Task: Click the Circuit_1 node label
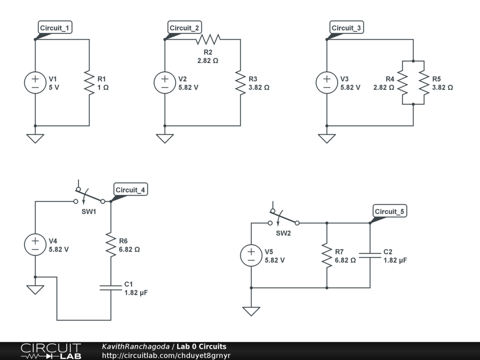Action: tap(55, 28)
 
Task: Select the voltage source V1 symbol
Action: tap(35, 83)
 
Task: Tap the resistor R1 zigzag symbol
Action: tap(89, 83)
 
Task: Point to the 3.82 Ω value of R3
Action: tap(259, 87)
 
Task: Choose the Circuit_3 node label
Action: tap(346, 28)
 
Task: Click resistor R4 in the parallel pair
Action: tap(403, 82)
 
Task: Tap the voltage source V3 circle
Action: tap(327, 83)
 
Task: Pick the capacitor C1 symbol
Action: tap(111, 287)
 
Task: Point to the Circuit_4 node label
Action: tap(131, 190)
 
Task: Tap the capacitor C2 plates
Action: tap(370, 255)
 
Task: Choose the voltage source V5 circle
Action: tap(251, 255)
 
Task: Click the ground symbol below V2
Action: tap(165, 138)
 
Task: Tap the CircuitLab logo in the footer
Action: tap(51, 351)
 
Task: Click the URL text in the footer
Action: tap(166, 355)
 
